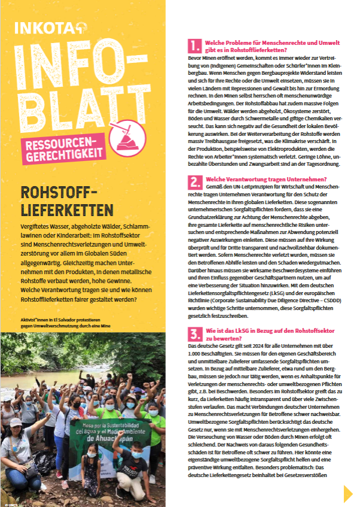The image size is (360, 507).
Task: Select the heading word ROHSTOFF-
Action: [x=59, y=194]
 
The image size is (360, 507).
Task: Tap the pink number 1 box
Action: [x=194, y=45]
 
